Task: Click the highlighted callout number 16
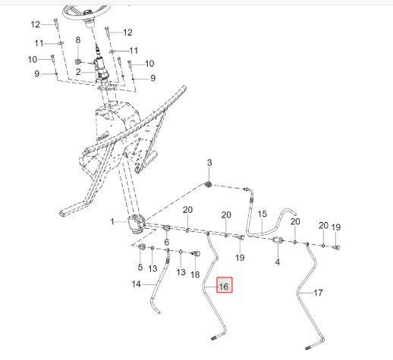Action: click(x=224, y=286)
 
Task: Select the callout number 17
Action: click(x=318, y=293)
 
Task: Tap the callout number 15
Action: click(x=263, y=214)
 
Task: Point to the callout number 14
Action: click(x=136, y=284)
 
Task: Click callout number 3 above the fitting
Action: click(x=209, y=163)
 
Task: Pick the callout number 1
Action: click(x=112, y=222)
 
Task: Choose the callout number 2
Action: click(x=78, y=72)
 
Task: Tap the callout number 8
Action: click(x=78, y=39)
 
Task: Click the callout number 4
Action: click(x=278, y=262)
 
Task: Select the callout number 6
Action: click(x=167, y=242)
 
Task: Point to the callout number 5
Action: click(x=140, y=268)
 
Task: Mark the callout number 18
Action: click(x=195, y=274)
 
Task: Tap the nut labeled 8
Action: click(x=78, y=61)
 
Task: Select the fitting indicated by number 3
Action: click(x=209, y=185)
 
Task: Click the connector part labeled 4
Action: click(x=277, y=240)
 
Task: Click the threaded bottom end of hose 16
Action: click(x=213, y=338)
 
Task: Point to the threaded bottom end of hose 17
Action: click(x=309, y=348)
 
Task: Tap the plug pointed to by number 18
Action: click(x=196, y=253)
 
